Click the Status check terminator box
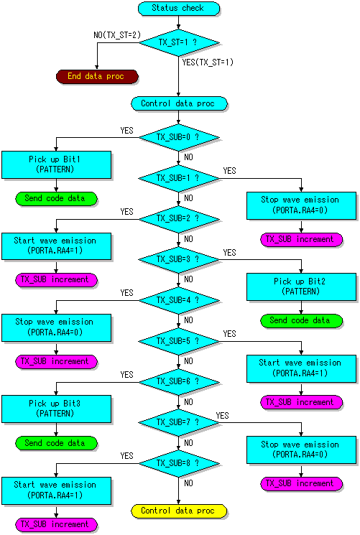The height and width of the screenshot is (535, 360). coord(179,8)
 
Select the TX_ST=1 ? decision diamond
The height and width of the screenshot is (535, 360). coord(179,42)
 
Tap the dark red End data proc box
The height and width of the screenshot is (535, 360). coord(97,76)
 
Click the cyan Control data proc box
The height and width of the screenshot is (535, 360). coord(179,103)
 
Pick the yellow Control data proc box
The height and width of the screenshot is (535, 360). coord(179,511)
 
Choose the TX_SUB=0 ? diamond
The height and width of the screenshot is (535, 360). coord(179,137)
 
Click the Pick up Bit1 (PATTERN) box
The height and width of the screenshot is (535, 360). coord(56,164)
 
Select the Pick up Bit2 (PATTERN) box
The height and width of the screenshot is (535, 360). coord(301,287)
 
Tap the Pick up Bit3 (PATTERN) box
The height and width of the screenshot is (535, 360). coord(56,409)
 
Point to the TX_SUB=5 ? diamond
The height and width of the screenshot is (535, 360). coord(179,341)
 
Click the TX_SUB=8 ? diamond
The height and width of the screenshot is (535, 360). coord(179,463)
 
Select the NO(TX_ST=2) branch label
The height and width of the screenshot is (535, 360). coord(117,35)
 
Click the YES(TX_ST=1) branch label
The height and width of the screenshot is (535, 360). coord(208,62)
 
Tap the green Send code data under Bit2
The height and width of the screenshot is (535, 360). coord(301,321)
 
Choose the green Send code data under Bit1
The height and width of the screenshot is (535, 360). coord(56,199)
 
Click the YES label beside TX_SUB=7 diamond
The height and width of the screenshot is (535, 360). coord(222,416)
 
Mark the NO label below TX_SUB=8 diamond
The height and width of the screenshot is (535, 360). coord(188,483)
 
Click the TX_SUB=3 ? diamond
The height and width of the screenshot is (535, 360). coord(179,260)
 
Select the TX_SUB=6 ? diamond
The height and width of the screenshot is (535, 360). coord(179,382)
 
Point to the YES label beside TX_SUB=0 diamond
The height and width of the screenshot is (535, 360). coord(126,131)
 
